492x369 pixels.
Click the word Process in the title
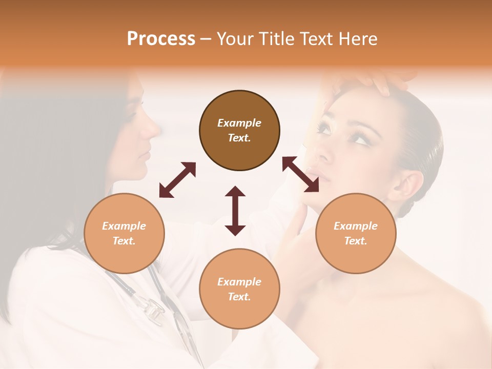tap(161, 39)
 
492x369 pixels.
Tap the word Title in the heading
tap(276, 39)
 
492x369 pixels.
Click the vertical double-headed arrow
tap(235, 211)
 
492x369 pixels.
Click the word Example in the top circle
tap(239, 123)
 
